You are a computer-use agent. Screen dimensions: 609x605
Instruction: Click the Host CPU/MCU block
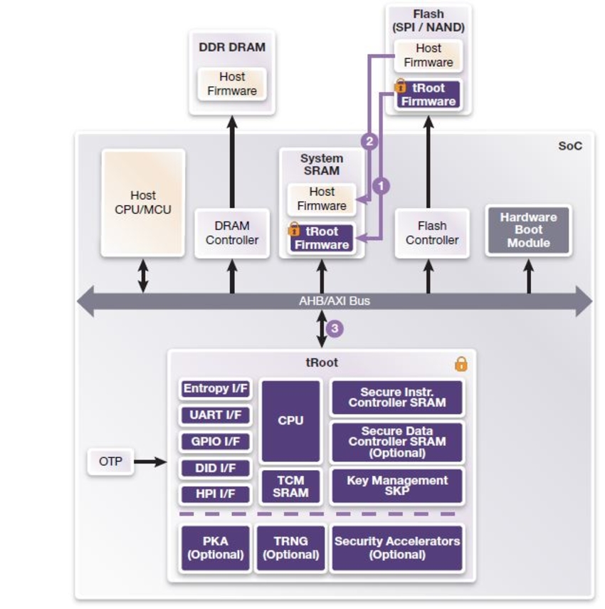coord(143,202)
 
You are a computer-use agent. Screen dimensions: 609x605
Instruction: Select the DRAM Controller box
coord(232,233)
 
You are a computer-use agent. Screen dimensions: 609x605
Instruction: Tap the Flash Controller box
coord(431,233)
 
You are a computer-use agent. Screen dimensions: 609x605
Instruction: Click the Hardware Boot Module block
coord(528,230)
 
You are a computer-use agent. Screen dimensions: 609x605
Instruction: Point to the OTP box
coord(110,462)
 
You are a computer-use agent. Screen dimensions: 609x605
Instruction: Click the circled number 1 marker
coord(382,186)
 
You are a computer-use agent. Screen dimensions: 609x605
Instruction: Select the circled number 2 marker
coord(368,141)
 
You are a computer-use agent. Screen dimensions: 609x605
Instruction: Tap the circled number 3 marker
coord(335,328)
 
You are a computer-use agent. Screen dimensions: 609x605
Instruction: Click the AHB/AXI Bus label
coord(334,301)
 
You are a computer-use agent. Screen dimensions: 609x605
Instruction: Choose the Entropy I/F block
coord(216,389)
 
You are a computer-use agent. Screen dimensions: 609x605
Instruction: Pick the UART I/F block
coord(216,415)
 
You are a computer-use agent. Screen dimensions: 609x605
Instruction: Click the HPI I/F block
coord(216,494)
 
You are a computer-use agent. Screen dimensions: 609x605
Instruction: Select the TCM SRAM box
coord(290,486)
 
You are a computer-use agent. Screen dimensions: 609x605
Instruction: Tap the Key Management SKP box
coord(396,486)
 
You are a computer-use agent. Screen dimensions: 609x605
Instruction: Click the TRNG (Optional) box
coord(290,548)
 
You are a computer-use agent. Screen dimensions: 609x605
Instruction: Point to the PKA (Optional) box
coord(216,548)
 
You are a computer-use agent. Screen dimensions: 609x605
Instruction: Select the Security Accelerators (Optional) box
coord(396,548)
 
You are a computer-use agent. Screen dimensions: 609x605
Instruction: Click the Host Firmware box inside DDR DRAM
coord(232,84)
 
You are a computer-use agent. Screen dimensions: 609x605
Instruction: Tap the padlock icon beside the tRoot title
coord(461,364)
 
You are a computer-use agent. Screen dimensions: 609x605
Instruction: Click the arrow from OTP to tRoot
coord(149,462)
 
